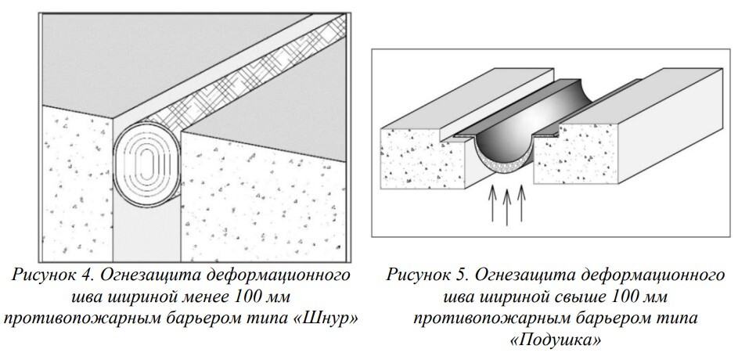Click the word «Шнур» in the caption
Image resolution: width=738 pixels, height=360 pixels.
tap(324, 319)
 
